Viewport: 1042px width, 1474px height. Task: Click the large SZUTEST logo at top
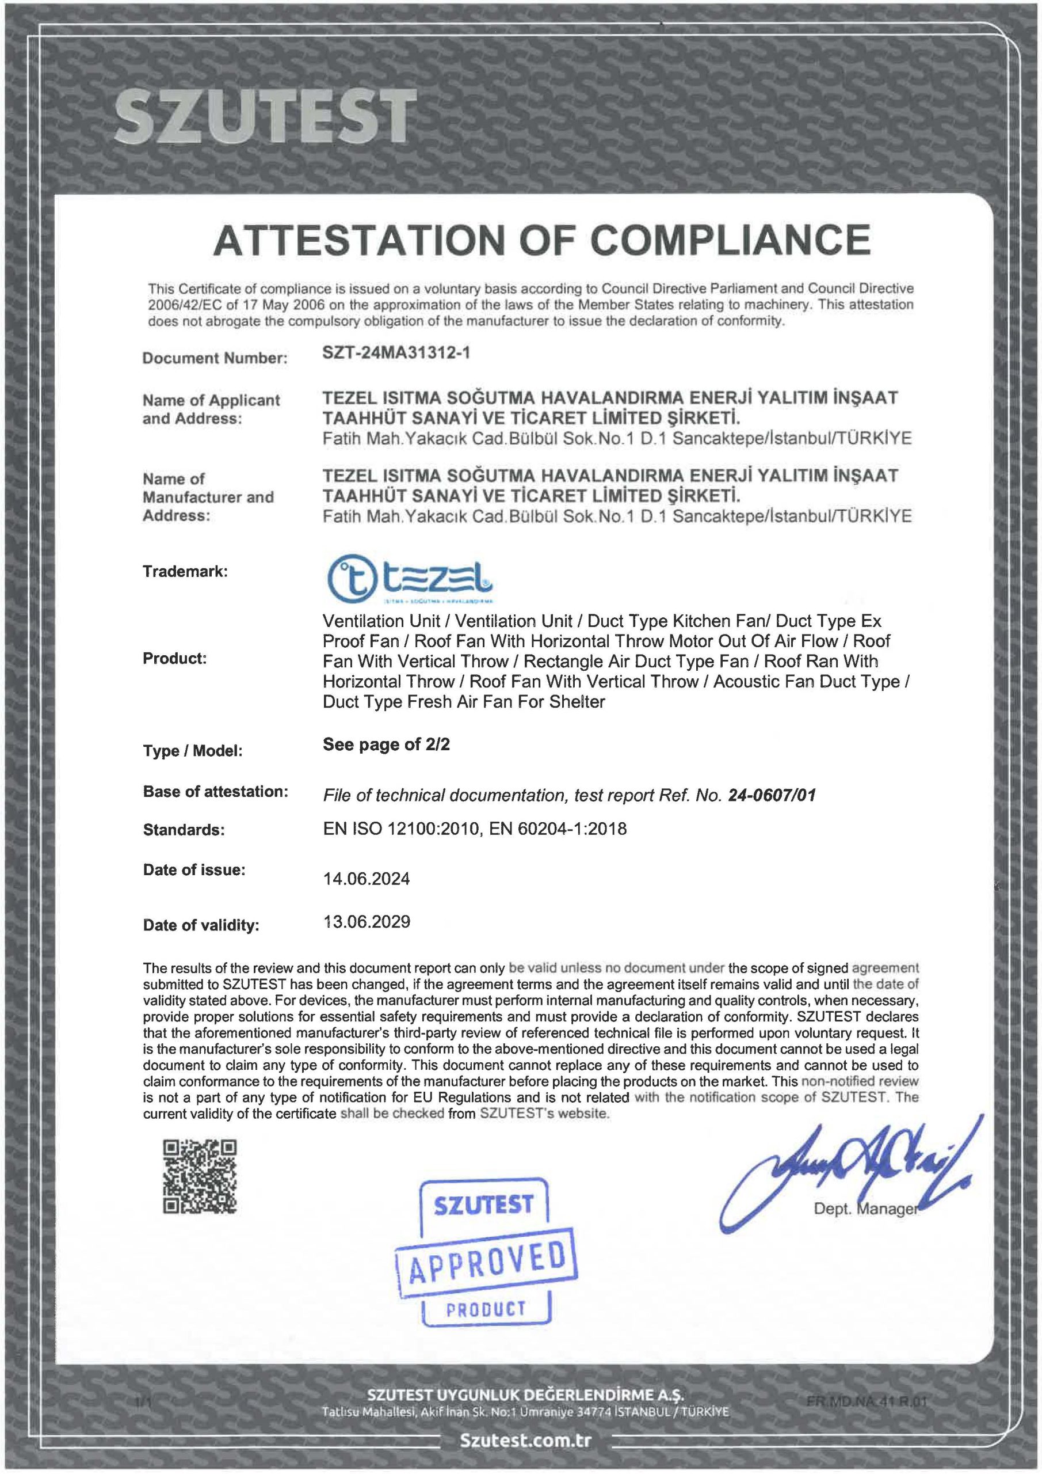[262, 116]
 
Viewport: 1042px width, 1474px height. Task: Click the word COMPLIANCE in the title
[730, 240]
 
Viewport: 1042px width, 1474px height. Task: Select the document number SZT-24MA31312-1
[396, 352]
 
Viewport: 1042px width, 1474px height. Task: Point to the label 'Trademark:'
[185, 571]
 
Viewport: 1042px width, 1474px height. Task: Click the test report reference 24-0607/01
[772, 795]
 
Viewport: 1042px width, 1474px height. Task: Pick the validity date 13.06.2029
[367, 922]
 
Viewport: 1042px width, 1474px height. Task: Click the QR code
[200, 1176]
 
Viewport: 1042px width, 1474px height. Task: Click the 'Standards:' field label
[184, 830]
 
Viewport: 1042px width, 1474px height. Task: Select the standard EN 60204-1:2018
[558, 829]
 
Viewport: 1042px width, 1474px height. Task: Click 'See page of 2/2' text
[386, 744]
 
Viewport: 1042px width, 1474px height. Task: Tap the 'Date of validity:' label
[201, 925]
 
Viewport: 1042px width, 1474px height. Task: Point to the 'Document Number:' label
[214, 358]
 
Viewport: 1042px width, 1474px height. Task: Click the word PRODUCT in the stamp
[486, 1310]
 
